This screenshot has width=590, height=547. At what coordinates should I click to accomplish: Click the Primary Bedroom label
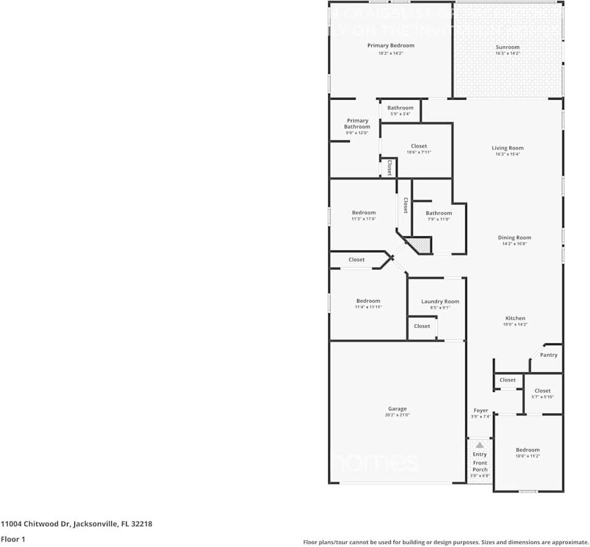(391, 46)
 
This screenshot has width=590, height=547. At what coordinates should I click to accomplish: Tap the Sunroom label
(508, 47)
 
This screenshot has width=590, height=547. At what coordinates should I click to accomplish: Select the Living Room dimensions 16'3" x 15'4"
(508, 154)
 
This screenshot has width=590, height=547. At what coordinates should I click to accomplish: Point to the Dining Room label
(514, 238)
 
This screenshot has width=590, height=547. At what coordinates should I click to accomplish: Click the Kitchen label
(515, 318)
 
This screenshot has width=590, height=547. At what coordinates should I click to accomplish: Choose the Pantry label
(549, 355)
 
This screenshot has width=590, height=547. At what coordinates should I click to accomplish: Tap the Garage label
(397, 409)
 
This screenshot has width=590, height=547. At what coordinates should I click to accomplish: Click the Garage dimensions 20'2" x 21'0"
(397, 415)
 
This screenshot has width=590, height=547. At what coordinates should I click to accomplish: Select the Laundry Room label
(440, 301)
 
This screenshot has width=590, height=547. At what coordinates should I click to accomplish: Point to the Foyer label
(481, 410)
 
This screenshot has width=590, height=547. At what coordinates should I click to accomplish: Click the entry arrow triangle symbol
(479, 444)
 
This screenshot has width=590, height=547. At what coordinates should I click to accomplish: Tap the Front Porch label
(480, 466)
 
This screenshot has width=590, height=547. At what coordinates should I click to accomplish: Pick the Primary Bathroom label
(357, 124)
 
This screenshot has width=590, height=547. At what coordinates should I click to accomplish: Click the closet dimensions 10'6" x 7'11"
(419, 153)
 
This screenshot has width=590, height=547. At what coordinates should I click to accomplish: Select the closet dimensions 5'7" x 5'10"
(543, 397)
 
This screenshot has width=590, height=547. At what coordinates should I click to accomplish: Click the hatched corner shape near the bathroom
(421, 246)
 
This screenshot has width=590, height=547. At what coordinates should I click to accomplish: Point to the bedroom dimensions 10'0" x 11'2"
(528, 457)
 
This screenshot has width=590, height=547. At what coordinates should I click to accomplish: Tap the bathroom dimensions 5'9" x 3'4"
(400, 114)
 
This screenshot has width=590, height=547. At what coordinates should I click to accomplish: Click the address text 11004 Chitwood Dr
(37, 524)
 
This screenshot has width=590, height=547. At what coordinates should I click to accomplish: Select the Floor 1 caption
(12, 539)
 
